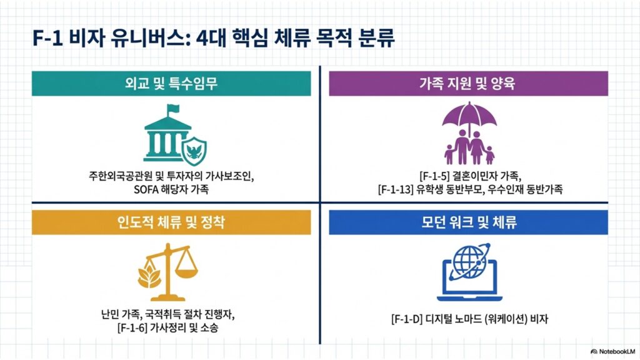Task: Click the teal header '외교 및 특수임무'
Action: pyautogui.click(x=171, y=84)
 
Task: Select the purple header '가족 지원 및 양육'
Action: pyautogui.click(x=468, y=84)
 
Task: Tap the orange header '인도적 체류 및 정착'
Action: pyautogui.click(x=171, y=222)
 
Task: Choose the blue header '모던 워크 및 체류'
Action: pyautogui.click(x=468, y=222)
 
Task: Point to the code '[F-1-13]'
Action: pyautogui.click(x=396, y=189)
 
